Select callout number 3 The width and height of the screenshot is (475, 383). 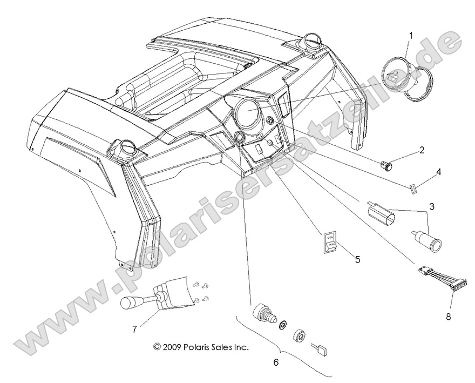pos(432,206)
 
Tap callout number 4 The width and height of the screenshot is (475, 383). pos(438,172)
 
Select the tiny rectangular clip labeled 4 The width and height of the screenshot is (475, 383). pos(412,189)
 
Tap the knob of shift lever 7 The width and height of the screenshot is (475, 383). pos(129,303)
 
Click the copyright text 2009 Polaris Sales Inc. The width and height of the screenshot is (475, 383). pos(201,347)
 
